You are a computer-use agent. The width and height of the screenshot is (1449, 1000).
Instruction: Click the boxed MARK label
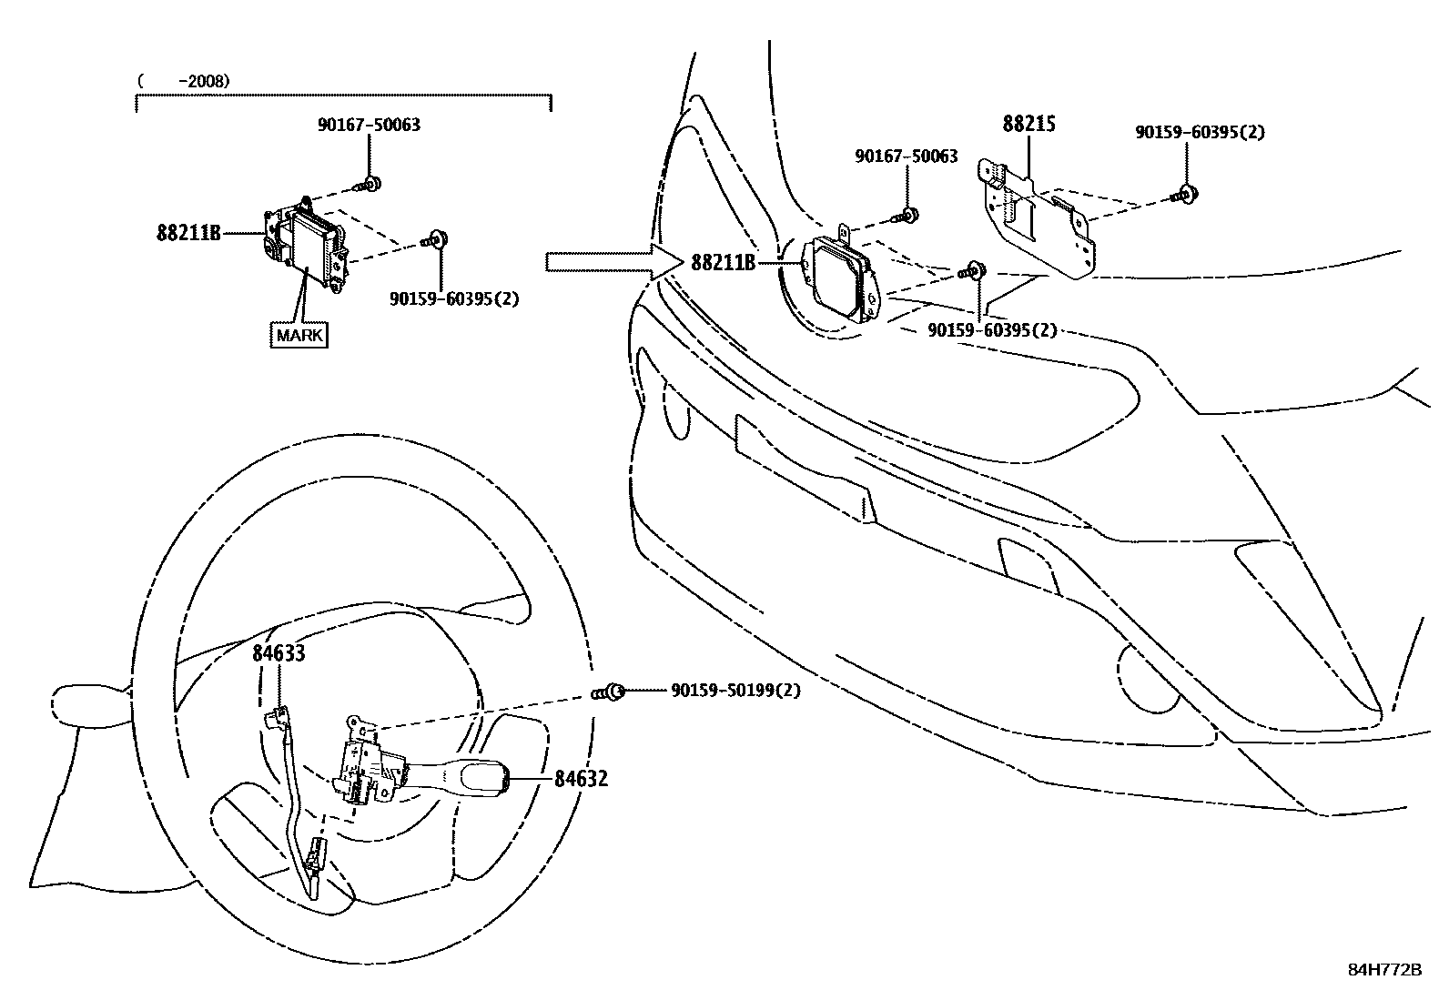click(299, 335)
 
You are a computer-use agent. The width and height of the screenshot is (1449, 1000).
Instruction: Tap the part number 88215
click(1028, 124)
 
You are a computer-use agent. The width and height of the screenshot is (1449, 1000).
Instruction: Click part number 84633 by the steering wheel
click(279, 652)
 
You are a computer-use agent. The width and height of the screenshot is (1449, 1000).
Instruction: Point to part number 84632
click(581, 779)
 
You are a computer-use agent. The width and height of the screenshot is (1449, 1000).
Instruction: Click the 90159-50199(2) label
click(735, 691)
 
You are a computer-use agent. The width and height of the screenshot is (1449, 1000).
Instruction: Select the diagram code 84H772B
click(1384, 969)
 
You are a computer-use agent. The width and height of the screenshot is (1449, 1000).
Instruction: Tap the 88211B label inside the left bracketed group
click(189, 233)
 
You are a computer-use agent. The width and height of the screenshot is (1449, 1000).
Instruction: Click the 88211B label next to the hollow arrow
click(724, 263)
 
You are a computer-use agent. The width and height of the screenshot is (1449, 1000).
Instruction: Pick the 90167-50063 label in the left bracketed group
click(369, 125)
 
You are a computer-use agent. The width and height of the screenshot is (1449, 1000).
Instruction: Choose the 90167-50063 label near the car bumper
click(906, 157)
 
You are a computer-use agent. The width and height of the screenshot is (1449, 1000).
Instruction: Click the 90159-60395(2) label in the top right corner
click(1200, 132)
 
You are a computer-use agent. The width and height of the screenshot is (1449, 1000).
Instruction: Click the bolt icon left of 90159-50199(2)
click(613, 692)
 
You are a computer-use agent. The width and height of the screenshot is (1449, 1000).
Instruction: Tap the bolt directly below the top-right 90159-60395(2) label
click(1186, 192)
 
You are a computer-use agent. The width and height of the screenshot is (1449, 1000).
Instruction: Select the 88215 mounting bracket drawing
click(1038, 218)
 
